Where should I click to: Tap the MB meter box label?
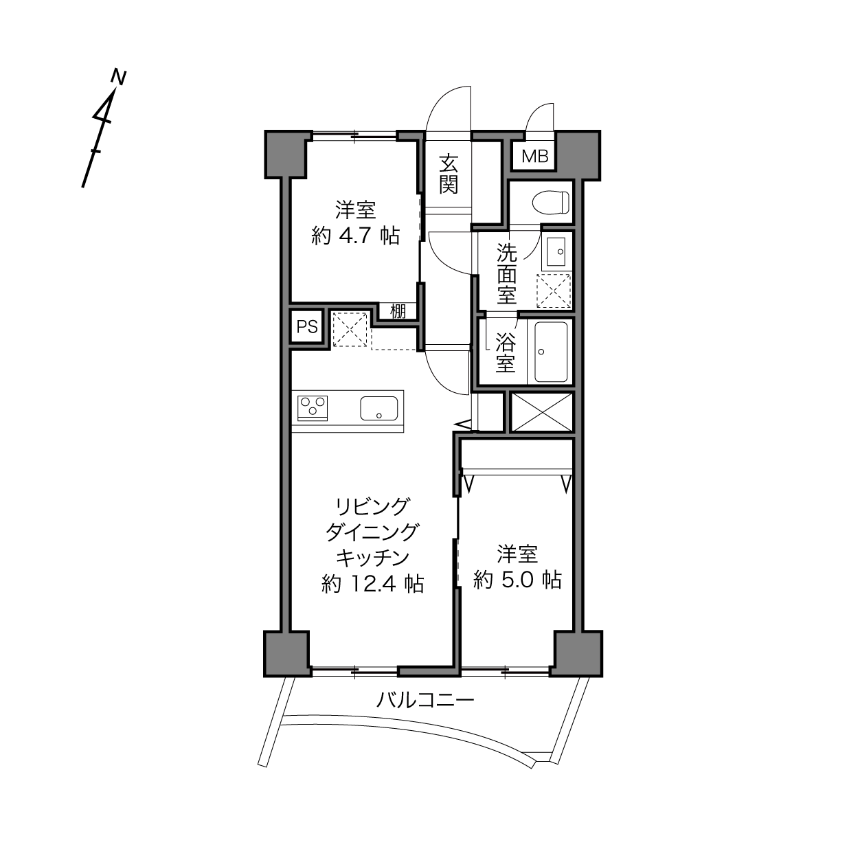(x=534, y=156)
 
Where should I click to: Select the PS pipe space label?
(x=307, y=327)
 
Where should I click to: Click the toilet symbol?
(x=551, y=202)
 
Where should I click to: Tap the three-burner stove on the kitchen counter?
(x=313, y=407)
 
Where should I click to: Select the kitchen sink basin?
(x=379, y=408)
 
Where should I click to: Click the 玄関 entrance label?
(x=448, y=174)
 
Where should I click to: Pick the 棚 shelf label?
(x=398, y=311)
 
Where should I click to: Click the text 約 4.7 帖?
(x=355, y=236)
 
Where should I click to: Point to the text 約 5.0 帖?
(x=517, y=580)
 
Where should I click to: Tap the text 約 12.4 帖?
(x=373, y=583)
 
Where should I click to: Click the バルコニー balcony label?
(x=425, y=700)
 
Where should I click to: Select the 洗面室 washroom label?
(x=506, y=274)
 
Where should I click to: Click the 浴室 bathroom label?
(x=506, y=352)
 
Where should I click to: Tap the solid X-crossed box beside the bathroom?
(x=541, y=412)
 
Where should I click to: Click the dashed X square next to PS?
(x=350, y=329)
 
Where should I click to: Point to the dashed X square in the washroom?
(x=554, y=291)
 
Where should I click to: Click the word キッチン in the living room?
(x=373, y=557)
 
